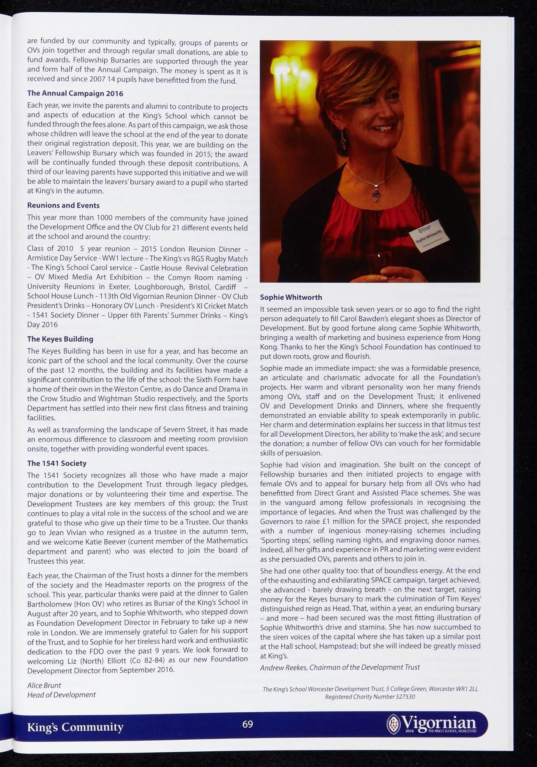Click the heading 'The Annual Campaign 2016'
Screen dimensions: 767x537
pos(75,93)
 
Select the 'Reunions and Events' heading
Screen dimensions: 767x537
pos(63,205)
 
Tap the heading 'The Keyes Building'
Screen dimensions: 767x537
pos(60,339)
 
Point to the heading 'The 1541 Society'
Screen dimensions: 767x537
pos(57,463)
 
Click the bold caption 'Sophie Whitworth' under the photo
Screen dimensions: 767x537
pos(291,297)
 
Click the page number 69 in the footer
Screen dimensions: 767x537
pos(248,724)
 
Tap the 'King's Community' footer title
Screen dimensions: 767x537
pos(75,727)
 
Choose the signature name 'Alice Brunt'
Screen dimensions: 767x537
pos(44,685)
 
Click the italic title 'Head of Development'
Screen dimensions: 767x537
pos(61,695)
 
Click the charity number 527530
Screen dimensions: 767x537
pos(405,697)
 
